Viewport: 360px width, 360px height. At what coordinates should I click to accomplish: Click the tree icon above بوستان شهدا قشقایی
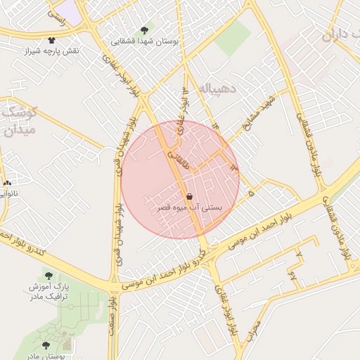click(145, 30)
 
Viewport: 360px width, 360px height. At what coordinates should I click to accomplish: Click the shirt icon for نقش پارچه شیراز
click(51, 40)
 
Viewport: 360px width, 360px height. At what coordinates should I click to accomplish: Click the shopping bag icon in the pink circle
click(189, 197)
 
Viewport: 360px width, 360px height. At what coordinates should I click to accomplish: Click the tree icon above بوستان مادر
click(46, 346)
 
